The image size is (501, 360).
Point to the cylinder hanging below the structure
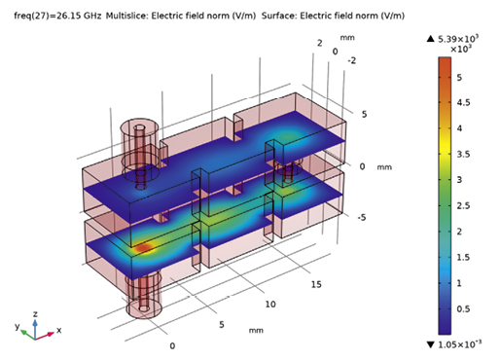coord(143,293)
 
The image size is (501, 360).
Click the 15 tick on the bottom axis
coord(315,283)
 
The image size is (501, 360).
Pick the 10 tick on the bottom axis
coord(271,305)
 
